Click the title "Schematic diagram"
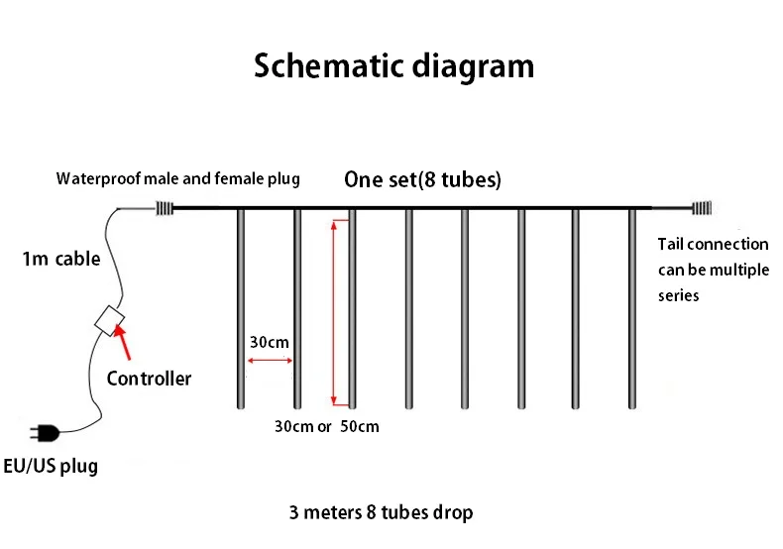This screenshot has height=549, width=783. (393, 66)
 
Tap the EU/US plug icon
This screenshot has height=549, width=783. (45, 432)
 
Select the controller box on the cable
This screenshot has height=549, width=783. (108, 319)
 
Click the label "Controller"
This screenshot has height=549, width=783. (149, 379)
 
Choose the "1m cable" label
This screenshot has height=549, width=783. (61, 260)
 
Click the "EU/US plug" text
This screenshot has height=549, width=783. (51, 465)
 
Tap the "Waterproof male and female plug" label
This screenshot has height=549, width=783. (177, 179)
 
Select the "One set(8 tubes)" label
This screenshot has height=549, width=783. (422, 180)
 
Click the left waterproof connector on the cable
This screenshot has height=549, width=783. (165, 208)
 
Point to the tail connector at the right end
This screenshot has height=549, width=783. (701, 208)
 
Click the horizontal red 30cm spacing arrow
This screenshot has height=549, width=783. (269, 361)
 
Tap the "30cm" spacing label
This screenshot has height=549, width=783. (269, 342)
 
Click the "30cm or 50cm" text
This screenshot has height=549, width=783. (327, 427)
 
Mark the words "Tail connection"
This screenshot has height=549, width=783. (713, 244)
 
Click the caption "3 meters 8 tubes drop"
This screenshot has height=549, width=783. (381, 512)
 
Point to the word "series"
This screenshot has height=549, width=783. (679, 295)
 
